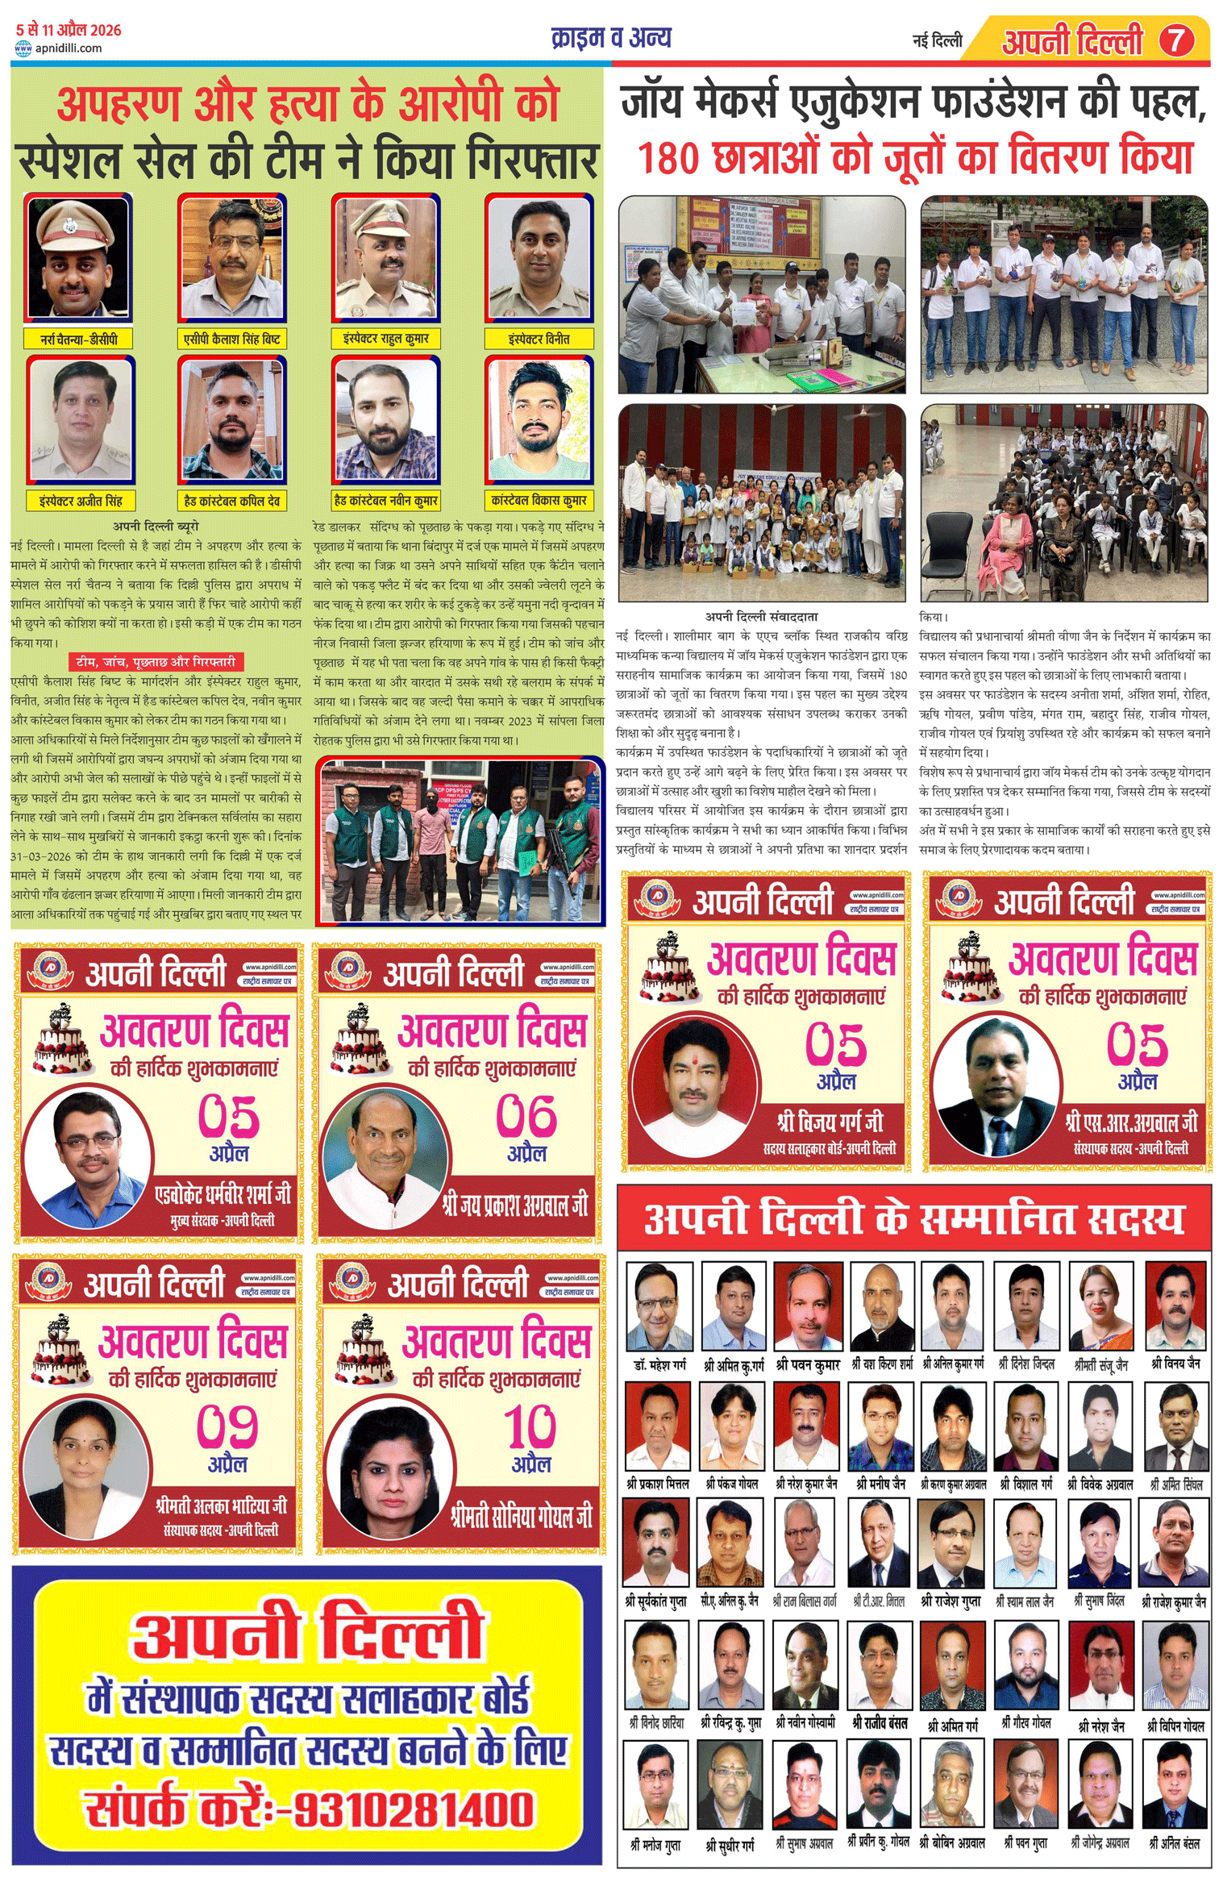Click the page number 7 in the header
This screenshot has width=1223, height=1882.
click(1176, 40)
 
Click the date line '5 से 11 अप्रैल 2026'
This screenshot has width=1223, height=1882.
click(69, 31)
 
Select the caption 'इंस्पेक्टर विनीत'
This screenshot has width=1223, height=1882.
click(539, 339)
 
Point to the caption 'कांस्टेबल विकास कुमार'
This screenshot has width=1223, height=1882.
click(539, 501)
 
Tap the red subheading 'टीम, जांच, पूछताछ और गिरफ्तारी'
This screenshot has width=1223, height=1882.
click(156, 661)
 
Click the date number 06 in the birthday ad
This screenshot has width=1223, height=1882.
click(526, 1116)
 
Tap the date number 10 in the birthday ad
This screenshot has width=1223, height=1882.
click(530, 1426)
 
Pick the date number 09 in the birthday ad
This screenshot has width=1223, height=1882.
click(227, 1426)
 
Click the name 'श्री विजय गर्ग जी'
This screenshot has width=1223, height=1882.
click(830, 1122)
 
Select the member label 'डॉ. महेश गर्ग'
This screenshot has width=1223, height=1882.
click(659, 1365)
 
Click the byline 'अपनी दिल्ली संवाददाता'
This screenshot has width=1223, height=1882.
click(761, 617)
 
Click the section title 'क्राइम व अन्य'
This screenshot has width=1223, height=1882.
click(610, 38)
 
